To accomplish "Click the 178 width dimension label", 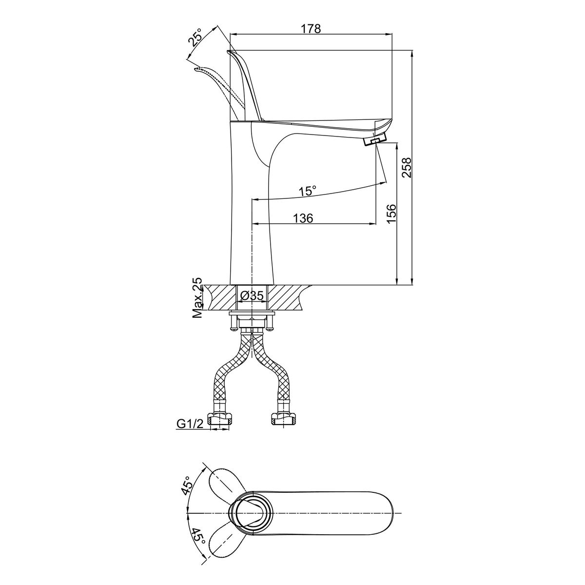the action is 311,29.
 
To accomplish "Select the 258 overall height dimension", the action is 406,167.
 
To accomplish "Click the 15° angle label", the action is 308,191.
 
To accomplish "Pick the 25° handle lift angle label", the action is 195,37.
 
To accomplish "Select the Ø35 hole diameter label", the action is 252,295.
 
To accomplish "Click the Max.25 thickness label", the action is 197,297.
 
